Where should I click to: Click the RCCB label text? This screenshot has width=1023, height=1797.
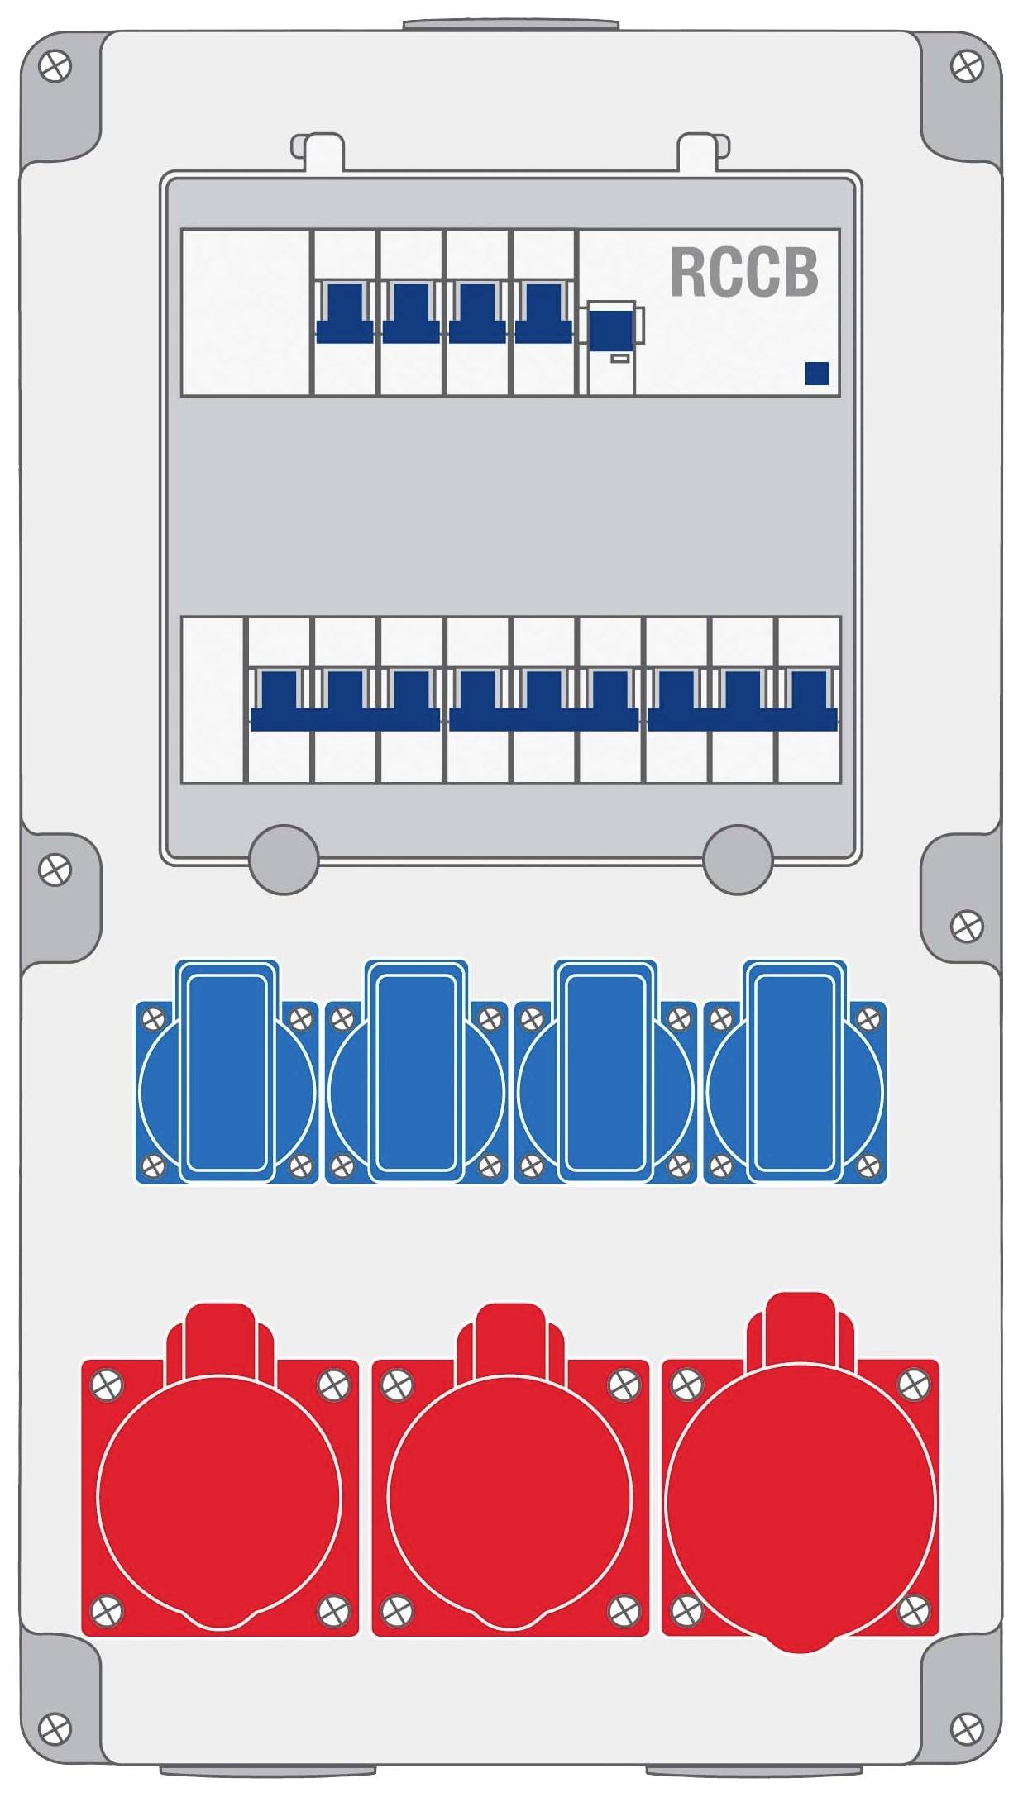tap(743, 272)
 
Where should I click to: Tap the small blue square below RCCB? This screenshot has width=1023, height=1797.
tap(817, 374)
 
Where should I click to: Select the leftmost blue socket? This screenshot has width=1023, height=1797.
tap(227, 1072)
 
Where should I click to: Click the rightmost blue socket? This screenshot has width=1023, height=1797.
tap(795, 1072)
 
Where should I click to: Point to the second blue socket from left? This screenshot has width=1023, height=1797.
tap(416, 1072)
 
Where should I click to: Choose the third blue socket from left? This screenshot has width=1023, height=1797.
tap(605, 1072)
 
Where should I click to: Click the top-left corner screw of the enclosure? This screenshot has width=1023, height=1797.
tap(55, 66)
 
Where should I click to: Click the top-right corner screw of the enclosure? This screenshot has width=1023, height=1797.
tap(966, 66)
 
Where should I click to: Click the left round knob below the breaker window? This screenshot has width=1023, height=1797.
tap(284, 860)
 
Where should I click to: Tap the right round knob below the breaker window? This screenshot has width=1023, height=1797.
tap(738, 860)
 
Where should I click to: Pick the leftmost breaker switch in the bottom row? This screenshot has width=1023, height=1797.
tap(279, 700)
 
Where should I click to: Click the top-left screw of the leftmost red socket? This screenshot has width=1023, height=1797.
tap(108, 1385)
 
